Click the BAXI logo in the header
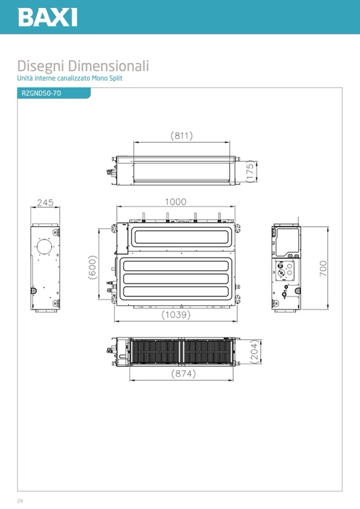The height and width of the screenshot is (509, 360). [48, 17]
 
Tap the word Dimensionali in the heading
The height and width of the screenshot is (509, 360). [108, 66]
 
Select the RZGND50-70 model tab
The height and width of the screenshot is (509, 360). [41, 93]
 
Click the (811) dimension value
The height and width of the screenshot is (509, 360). [182, 135]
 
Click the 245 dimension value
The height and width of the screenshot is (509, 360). [45, 203]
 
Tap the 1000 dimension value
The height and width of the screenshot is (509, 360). [176, 202]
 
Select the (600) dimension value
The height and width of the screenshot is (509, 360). [92, 267]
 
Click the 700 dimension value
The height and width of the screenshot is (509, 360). [323, 269]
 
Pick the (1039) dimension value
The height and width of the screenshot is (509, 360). [176, 315]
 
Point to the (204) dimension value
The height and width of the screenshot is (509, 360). [256, 351]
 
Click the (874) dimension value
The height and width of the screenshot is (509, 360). [184, 374]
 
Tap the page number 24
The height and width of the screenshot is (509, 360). [20, 501]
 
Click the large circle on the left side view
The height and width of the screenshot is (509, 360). [45, 247]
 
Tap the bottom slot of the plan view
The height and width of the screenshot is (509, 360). [176, 291]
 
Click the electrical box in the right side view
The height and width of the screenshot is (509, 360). [287, 242]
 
